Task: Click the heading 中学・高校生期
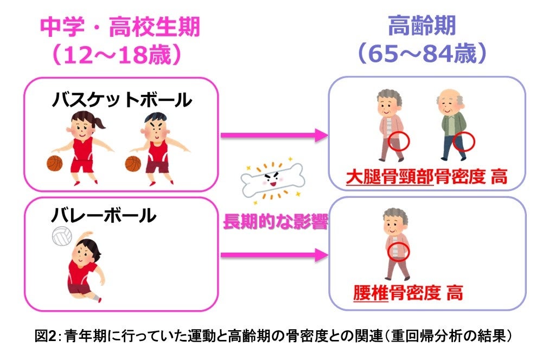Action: pos(120,27)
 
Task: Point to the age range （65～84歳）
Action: pos(422,54)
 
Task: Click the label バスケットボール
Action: pos(122,100)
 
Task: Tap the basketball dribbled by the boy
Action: pos(133,163)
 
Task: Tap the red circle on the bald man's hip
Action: pos(464,142)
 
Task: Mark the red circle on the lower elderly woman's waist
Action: pos(398,250)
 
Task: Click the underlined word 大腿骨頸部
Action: pos(390,177)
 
